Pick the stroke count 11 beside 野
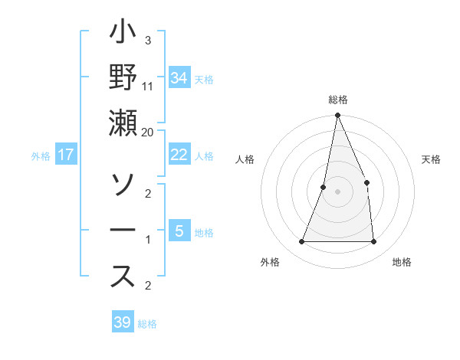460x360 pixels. point(148,86)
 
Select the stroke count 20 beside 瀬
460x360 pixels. point(148,132)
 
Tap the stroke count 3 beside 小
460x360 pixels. point(147,40)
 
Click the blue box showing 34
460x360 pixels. point(179,78)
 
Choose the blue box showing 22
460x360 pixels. point(179,155)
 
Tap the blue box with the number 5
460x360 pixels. point(179,231)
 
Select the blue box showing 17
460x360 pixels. point(66,155)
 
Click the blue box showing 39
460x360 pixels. point(122,322)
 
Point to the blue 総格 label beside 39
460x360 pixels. point(147,324)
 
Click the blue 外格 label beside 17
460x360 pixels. point(41,156)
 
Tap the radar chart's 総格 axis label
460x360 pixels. point(337,100)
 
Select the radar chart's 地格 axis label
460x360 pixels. point(402,262)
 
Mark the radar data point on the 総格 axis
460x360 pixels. point(337,116)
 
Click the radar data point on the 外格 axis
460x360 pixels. point(301,242)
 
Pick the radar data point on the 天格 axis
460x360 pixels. point(366,182)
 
